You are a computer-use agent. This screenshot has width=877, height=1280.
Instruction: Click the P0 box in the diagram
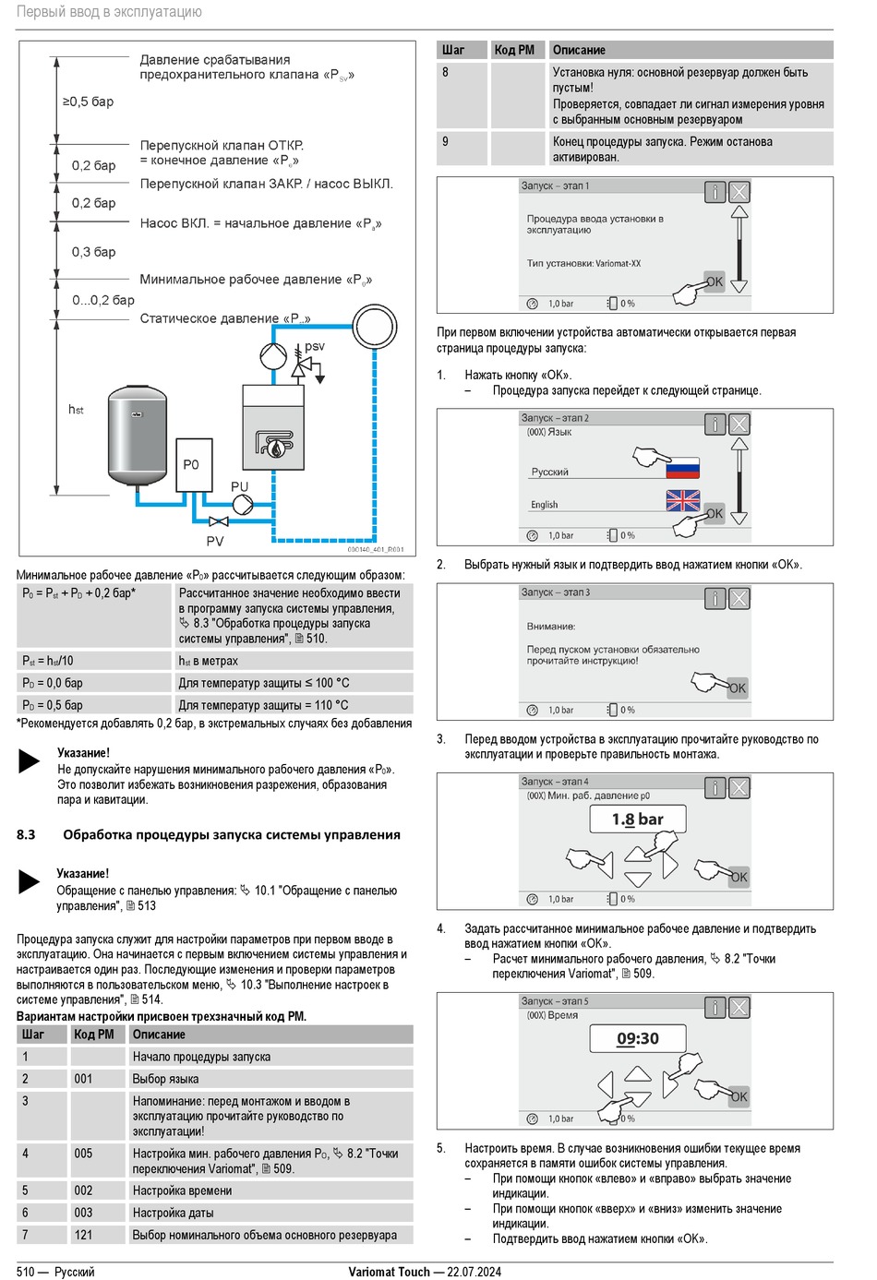tap(191, 465)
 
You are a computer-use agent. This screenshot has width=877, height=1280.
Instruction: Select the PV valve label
tap(215, 541)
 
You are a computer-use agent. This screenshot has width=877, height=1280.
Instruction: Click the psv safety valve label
tap(315, 347)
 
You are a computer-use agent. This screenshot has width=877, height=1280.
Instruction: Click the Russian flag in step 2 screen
tap(682, 467)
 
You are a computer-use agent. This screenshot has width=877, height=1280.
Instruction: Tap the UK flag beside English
tap(682, 500)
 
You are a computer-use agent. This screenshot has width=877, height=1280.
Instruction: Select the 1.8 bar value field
tap(637, 819)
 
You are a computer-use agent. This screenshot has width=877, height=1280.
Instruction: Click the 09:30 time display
tap(637, 1038)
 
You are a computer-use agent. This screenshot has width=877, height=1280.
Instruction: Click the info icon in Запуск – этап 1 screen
tap(715, 192)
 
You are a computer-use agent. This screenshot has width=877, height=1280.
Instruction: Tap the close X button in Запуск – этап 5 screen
tap(739, 1008)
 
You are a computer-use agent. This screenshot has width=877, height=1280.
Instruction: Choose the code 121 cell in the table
tap(84, 1235)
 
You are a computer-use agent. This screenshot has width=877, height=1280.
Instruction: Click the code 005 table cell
tap(84, 1154)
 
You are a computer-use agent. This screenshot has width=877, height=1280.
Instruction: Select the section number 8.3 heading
tap(26, 835)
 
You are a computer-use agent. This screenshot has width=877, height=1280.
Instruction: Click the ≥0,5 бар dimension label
tap(88, 102)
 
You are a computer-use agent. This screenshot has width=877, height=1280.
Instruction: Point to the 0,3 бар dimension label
tap(94, 252)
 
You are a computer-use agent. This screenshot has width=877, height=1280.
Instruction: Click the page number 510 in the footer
tap(26, 1272)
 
